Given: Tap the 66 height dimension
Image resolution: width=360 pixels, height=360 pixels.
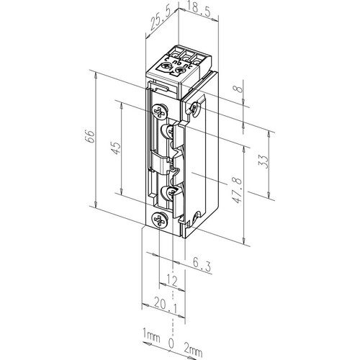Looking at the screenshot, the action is point(89,137).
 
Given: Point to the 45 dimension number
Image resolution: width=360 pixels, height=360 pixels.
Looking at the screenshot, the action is point(115,148).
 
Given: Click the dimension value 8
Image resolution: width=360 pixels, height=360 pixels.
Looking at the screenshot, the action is point(239,89).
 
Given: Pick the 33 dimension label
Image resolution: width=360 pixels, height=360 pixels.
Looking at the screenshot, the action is point(263,162).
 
